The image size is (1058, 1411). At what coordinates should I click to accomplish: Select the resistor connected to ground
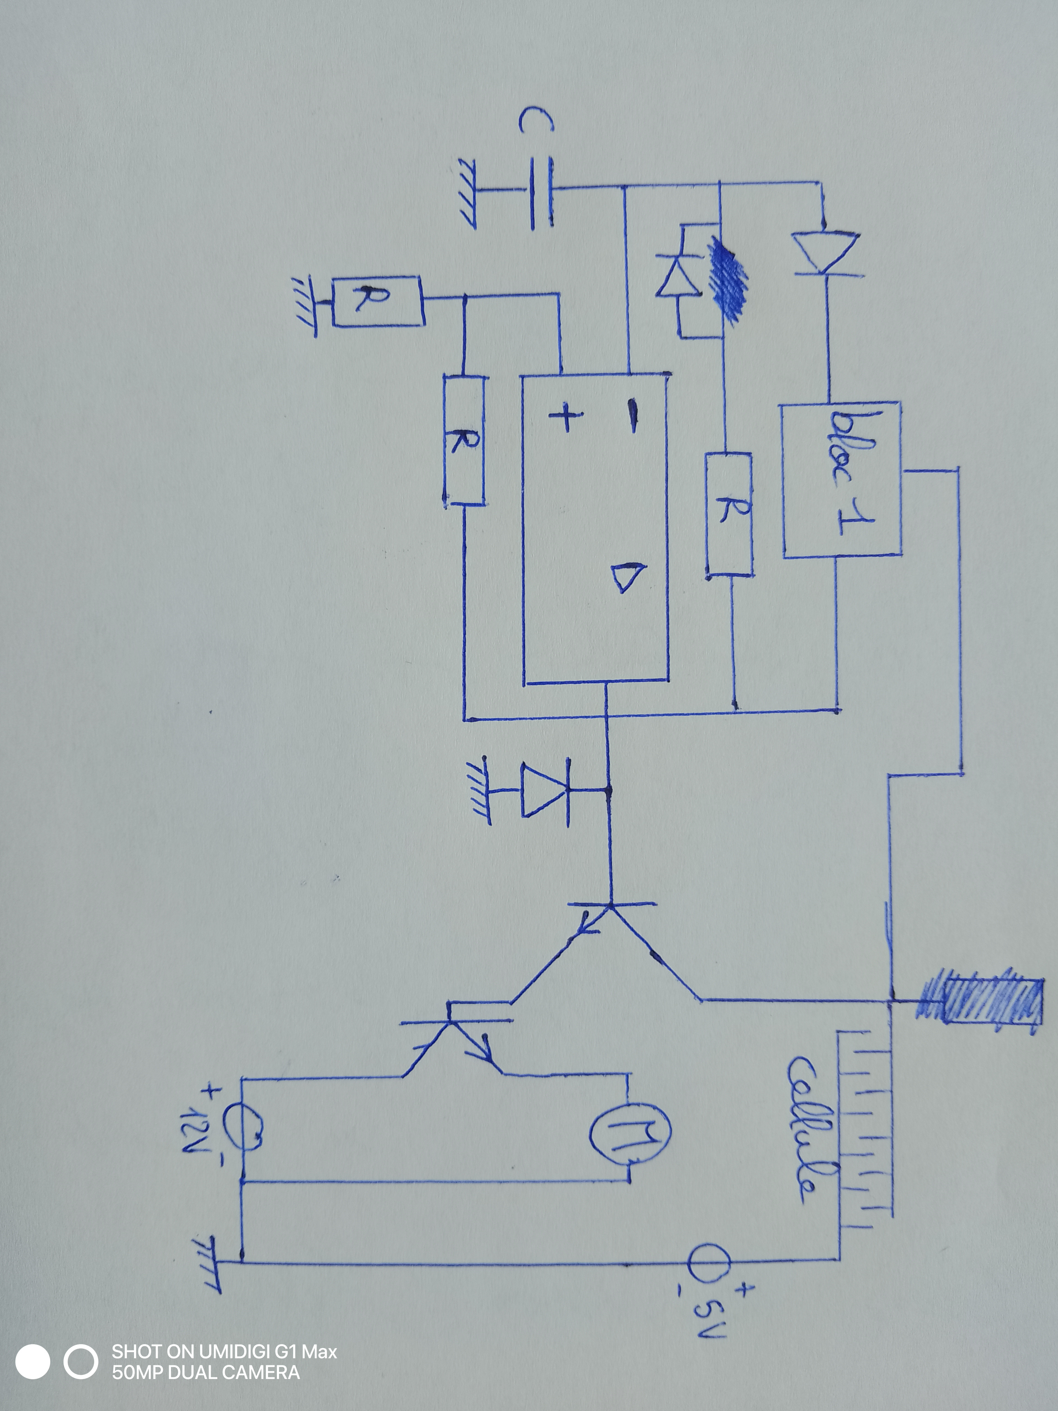point(377,301)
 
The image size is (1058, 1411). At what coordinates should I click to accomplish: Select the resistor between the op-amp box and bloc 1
point(729,515)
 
